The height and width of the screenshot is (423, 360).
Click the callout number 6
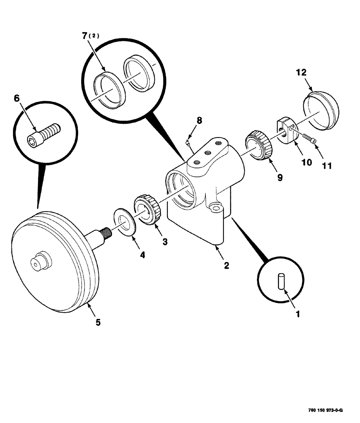tap(17, 98)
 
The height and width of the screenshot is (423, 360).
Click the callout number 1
tap(297, 314)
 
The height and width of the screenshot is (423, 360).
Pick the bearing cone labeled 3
tap(147, 209)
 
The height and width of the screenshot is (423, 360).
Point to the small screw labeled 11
tap(310, 138)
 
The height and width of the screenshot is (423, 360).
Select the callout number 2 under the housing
tap(226, 265)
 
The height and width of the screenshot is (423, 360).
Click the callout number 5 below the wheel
tap(98, 322)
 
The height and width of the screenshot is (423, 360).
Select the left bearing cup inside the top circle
tap(108, 88)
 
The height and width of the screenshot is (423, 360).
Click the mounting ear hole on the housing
tap(216, 209)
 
